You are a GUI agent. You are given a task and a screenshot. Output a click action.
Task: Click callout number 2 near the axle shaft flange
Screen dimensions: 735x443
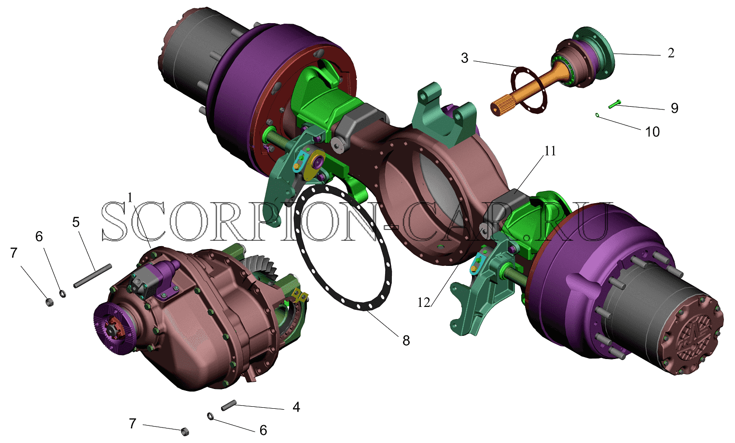(x=671, y=53)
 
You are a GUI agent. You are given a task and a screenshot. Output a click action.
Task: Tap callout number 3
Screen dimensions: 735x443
(x=465, y=58)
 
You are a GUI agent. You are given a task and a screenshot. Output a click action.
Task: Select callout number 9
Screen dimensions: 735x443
(x=675, y=108)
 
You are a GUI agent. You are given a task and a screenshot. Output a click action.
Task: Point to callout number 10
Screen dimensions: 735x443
(x=652, y=132)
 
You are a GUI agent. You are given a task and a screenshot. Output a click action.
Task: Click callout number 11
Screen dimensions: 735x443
(x=550, y=151)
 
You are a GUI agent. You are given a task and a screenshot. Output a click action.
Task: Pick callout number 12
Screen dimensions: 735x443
(x=424, y=303)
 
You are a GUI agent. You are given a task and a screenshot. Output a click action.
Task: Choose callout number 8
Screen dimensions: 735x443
(x=406, y=341)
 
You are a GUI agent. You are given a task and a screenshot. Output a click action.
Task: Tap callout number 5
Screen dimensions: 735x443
(x=76, y=222)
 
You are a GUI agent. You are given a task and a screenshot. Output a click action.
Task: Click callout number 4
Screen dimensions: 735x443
(x=296, y=407)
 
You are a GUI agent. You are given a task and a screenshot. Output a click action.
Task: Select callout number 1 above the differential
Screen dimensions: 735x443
(x=130, y=197)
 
